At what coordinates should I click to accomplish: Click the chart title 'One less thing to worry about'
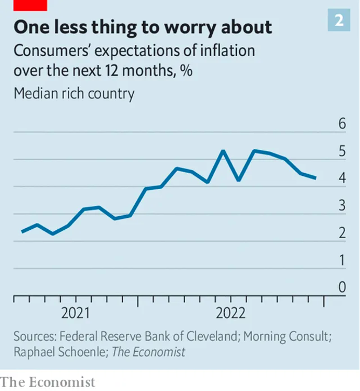[142, 28]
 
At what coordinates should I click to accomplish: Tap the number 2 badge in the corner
[339, 20]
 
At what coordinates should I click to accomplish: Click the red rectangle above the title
[30, 5]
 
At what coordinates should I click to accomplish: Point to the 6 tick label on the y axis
[342, 124]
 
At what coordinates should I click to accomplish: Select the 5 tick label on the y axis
[342, 151]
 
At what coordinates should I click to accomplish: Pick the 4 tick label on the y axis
[342, 178]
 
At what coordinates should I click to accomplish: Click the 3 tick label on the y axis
[342, 205]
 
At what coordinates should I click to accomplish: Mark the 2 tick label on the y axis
[342, 233]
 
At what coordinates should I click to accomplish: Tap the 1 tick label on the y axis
[342, 260]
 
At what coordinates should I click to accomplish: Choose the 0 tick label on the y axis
[342, 287]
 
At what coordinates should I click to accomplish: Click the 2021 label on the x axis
[76, 313]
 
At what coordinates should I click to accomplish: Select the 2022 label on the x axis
[231, 313]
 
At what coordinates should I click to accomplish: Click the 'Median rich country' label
[74, 93]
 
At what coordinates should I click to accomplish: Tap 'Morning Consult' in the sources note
[286, 337]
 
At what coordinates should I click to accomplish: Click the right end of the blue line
[316, 178]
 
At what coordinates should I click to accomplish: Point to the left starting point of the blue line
[22, 231]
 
